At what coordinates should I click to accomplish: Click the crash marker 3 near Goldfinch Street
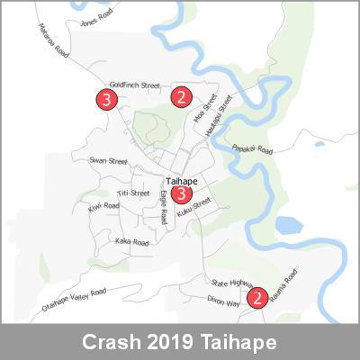(x=108, y=99)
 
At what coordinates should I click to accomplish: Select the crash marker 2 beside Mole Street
(x=182, y=96)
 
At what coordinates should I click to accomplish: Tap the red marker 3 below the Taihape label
(x=182, y=193)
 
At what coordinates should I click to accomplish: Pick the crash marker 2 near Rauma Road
(x=256, y=296)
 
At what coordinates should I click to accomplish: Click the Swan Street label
(x=108, y=161)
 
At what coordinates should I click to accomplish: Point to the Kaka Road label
(x=131, y=241)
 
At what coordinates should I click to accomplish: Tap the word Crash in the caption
(x=111, y=343)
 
